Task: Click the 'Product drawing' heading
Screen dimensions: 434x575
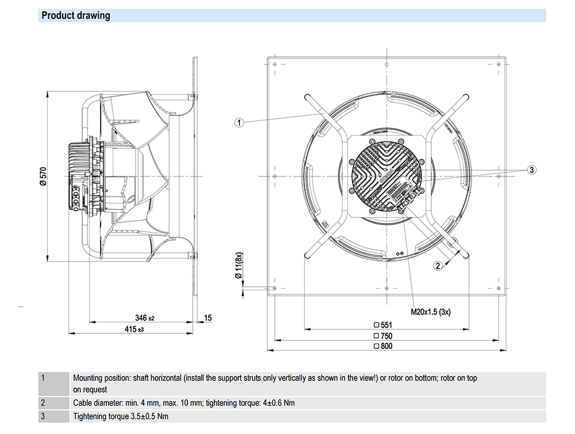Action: pos(76,16)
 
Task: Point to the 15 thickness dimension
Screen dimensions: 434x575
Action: pos(208,318)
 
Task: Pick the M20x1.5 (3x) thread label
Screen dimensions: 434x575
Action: pos(430,312)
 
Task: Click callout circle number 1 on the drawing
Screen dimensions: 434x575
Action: pos(240,122)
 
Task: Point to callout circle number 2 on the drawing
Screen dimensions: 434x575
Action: pos(438,266)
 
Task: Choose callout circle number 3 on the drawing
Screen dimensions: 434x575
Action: pos(532,170)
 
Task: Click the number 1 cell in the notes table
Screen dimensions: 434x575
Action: pos(44,379)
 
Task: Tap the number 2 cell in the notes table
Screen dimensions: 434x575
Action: pos(44,402)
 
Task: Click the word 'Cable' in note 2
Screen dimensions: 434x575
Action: pos(83,402)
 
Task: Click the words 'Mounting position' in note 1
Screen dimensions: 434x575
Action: pos(101,378)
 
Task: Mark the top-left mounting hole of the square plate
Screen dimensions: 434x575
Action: pos(275,64)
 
